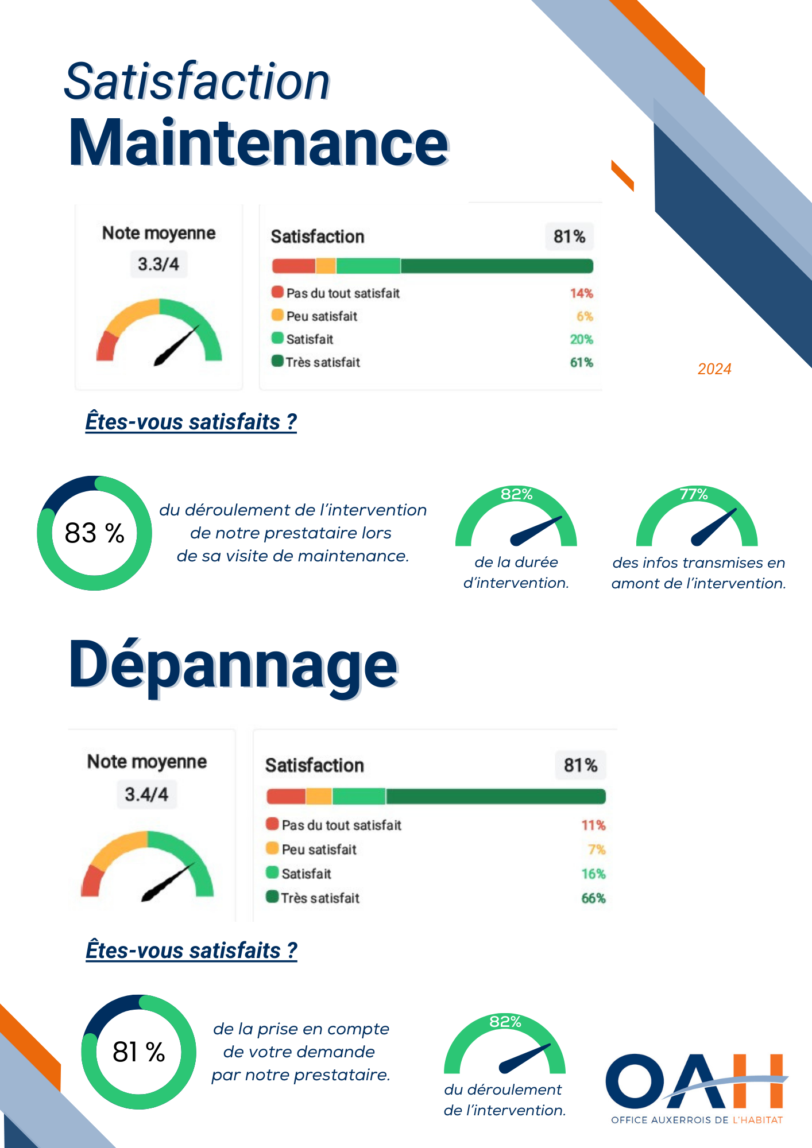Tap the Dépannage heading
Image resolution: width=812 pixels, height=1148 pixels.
233,666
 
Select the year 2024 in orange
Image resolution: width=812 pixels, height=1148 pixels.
714,369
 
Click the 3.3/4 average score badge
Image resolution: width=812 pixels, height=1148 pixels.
158,264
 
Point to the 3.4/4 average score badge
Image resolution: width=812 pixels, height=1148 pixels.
146,794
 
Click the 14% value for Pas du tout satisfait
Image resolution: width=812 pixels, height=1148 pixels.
581,293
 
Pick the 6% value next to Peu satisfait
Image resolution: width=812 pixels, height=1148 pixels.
585,316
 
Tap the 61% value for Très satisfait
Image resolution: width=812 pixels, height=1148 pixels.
581,363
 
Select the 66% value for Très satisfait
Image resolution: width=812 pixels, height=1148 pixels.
593,898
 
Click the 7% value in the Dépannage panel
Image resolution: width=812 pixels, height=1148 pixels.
597,850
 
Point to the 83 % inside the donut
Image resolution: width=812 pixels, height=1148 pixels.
95,533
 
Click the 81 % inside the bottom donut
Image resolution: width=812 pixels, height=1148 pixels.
139,1052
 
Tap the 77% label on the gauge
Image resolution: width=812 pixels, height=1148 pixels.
694,494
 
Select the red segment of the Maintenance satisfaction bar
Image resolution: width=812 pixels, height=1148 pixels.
293,266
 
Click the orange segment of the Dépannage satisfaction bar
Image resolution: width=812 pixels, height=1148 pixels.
319,796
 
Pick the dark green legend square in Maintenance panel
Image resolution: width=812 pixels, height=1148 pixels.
277,362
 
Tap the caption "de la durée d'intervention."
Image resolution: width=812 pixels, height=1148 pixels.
516,572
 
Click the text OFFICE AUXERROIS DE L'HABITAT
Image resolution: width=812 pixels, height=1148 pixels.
697,1120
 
